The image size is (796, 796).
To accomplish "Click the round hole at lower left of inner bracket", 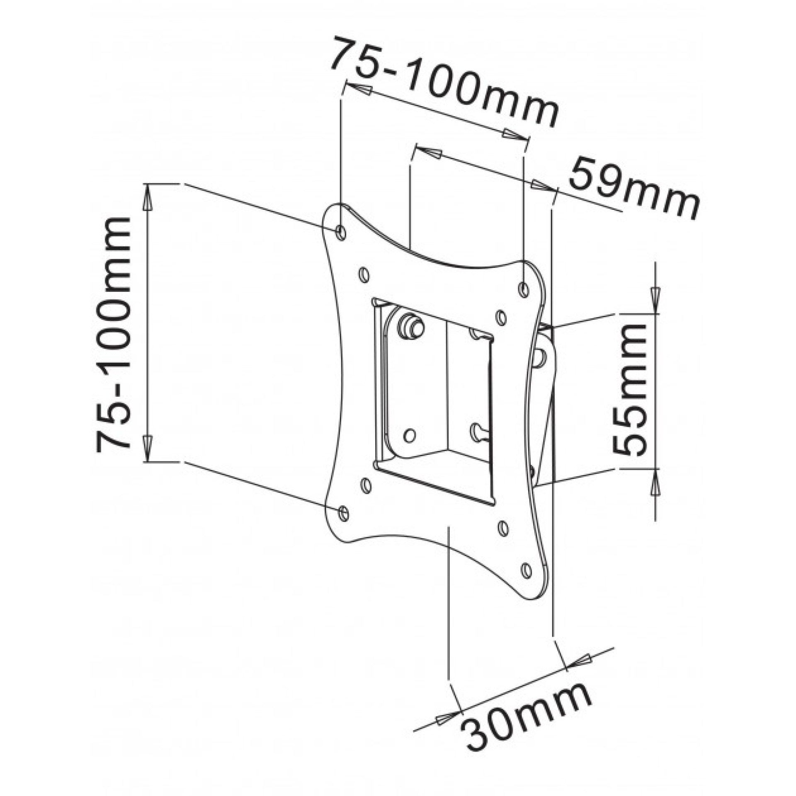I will point(409,435).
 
